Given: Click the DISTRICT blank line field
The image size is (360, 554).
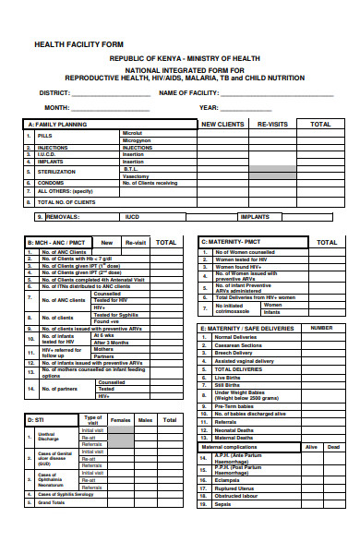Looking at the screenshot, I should (104, 94).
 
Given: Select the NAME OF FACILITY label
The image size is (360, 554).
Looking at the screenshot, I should (193, 93).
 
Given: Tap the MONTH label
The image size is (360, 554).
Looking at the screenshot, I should (57, 108).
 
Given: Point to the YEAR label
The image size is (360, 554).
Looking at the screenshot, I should (210, 108).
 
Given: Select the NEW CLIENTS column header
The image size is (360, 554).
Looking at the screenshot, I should (222, 124).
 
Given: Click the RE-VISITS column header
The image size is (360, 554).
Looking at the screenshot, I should (273, 124).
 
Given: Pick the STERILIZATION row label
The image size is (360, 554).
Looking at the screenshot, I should (56, 172).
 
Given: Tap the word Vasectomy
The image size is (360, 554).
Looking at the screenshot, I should (137, 175).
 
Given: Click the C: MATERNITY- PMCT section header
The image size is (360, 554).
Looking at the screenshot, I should (237, 242).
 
